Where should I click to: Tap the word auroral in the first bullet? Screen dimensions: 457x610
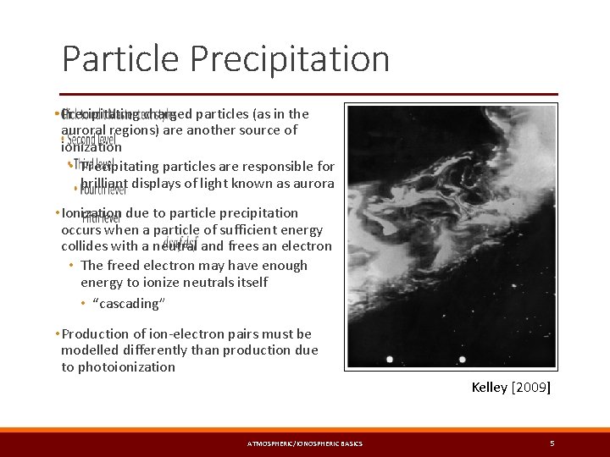coord(83,130)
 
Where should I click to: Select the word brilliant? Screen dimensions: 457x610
coord(104,183)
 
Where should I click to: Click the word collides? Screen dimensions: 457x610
coord(84,246)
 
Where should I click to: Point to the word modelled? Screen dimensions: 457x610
coord(92,350)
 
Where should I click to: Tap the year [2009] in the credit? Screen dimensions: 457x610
coord(531,388)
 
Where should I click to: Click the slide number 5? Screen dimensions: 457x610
coord(552,443)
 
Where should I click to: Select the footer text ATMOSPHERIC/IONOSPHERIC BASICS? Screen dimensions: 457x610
coord(304,443)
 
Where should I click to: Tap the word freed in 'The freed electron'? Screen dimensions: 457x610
coord(126,265)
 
